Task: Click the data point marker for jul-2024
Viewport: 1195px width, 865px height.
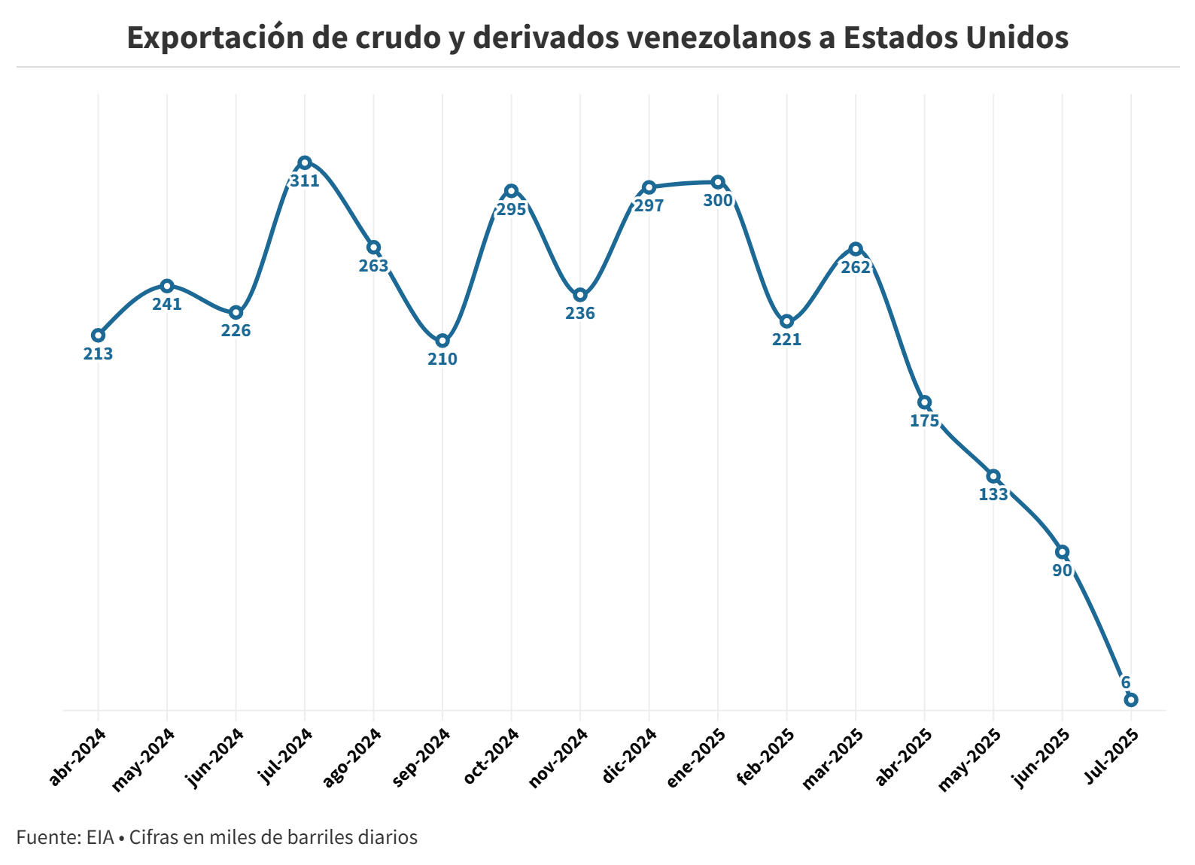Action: click(x=305, y=162)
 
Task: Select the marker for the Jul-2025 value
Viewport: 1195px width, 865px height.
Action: click(x=1130, y=700)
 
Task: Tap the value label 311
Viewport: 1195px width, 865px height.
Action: click(x=305, y=181)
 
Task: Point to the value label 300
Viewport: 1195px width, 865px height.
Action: click(x=718, y=201)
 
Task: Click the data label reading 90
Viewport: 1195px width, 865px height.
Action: click(x=1062, y=571)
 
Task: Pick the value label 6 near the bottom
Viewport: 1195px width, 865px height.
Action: click(x=1126, y=683)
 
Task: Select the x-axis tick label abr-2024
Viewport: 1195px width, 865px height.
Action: click(x=78, y=757)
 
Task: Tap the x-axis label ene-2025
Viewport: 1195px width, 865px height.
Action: click(x=697, y=757)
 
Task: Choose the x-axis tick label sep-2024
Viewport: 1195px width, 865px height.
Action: click(x=422, y=757)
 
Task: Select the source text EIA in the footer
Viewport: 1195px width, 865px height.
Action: click(x=99, y=837)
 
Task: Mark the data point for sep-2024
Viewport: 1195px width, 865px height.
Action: click(x=442, y=341)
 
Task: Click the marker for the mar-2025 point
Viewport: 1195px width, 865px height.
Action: click(x=856, y=249)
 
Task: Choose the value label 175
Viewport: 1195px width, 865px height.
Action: click(x=924, y=421)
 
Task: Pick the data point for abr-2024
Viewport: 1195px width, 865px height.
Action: click(x=98, y=335)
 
